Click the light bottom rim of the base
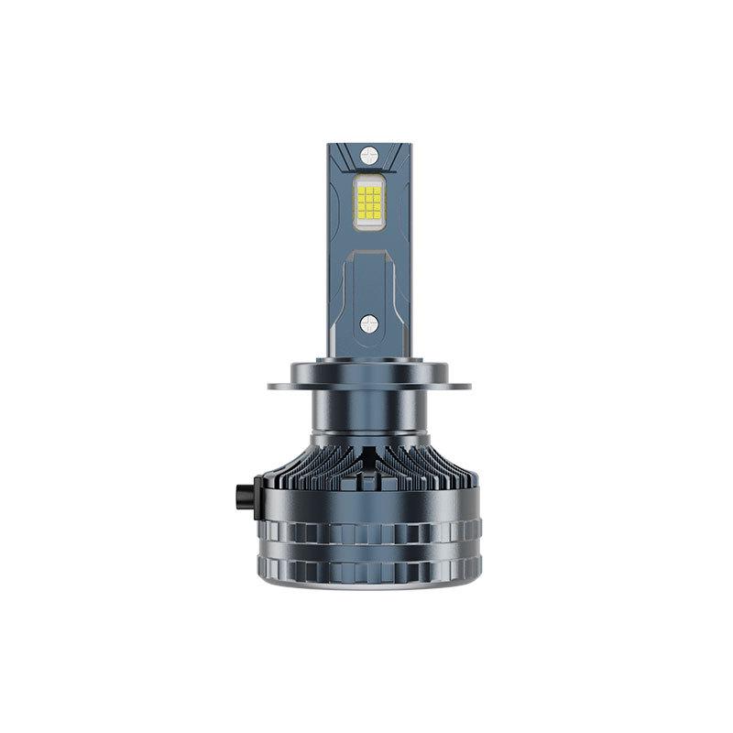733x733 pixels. coord(366,586)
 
